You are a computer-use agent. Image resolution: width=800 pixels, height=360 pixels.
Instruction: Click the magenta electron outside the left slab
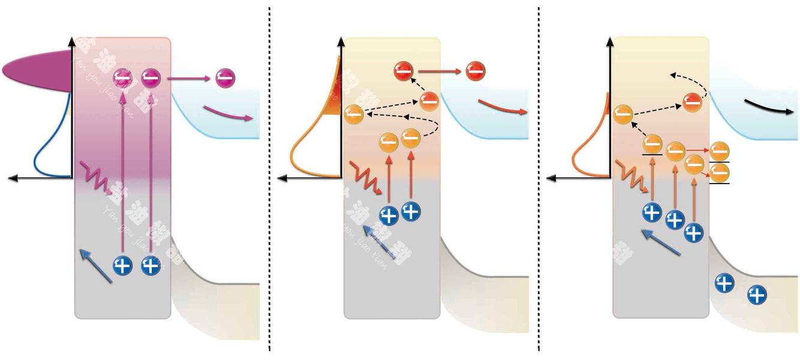(x=225, y=77)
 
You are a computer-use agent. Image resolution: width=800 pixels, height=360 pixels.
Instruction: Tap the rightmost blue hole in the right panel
(x=757, y=294)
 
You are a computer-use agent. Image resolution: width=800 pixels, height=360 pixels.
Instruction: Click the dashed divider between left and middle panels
(x=269, y=180)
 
